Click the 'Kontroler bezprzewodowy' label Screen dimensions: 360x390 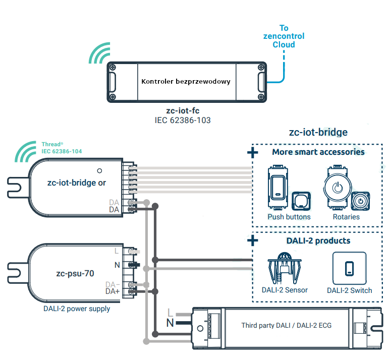(x=186, y=81)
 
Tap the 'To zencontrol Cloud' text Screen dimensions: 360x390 (x=284, y=36)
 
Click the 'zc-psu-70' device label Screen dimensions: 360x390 (x=75, y=273)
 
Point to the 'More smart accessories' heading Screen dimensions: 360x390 (x=318, y=152)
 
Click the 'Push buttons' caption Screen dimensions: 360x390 (x=289, y=217)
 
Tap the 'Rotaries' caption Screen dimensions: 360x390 (x=346, y=217)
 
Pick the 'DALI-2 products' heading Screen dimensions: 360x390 (x=318, y=241)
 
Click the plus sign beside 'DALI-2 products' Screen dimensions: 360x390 (x=253, y=241)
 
